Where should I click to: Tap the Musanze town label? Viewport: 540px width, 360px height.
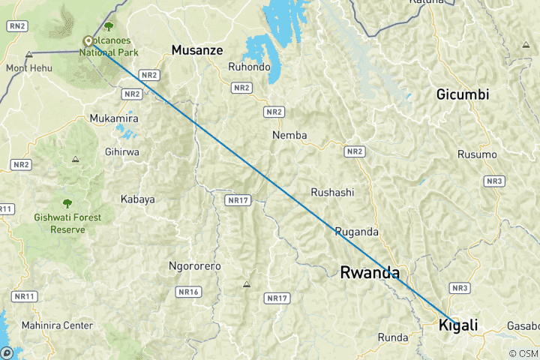coord(198,50)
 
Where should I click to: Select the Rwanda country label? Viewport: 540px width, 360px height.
coord(370,272)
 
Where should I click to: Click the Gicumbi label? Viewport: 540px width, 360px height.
coord(463,94)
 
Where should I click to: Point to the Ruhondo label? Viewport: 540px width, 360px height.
coord(249,67)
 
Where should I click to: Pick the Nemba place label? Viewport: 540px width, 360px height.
coord(289,135)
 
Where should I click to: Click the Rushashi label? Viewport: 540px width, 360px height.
coord(332,192)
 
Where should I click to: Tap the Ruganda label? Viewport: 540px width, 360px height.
coord(356,231)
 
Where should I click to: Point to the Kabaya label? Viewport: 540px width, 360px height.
coord(137,199)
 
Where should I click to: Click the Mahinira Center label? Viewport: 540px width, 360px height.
coord(58,325)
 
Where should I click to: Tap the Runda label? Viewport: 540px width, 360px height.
coord(394,336)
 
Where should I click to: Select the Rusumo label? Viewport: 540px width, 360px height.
coord(477,154)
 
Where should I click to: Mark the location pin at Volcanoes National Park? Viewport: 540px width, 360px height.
coord(88,42)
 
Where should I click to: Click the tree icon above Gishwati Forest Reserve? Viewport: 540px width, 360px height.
coord(67,203)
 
